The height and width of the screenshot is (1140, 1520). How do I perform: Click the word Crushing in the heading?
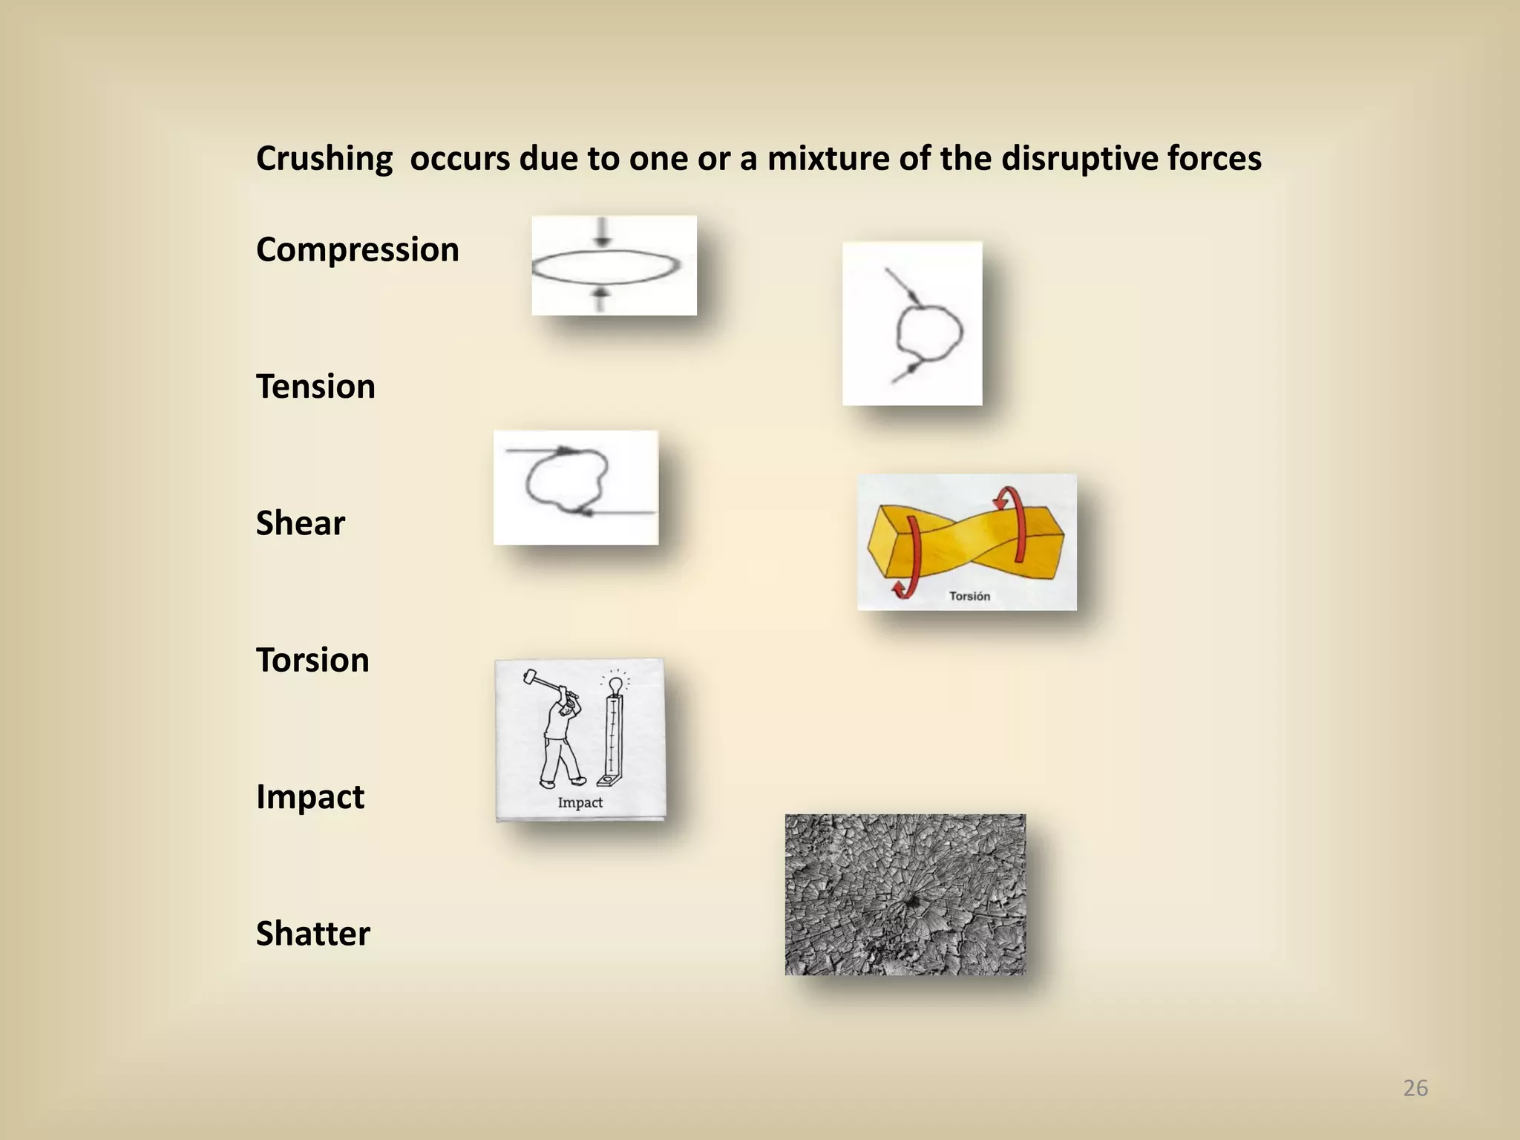click(324, 159)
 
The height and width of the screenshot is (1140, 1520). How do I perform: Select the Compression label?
click(357, 249)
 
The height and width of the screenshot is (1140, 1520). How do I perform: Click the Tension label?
click(315, 387)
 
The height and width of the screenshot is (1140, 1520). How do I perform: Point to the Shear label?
click(301, 523)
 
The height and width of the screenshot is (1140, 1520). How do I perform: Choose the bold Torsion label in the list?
click(312, 660)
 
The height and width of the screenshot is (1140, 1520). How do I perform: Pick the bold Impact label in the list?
click(309, 797)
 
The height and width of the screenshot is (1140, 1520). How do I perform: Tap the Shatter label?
click(312, 934)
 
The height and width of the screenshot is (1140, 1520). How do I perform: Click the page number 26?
click(1415, 1088)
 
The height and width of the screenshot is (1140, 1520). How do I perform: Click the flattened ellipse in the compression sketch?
click(606, 267)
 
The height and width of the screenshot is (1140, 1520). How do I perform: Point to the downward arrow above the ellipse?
click(602, 232)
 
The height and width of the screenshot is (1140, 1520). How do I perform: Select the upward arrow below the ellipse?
click(601, 299)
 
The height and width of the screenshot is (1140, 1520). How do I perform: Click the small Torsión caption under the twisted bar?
click(969, 596)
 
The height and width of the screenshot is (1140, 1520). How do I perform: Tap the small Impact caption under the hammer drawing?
click(580, 802)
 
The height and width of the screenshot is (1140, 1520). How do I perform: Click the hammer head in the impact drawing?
click(530, 676)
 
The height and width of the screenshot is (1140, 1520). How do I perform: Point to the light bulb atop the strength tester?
click(615, 684)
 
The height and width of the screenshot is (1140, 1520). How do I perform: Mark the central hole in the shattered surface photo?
click(911, 901)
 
